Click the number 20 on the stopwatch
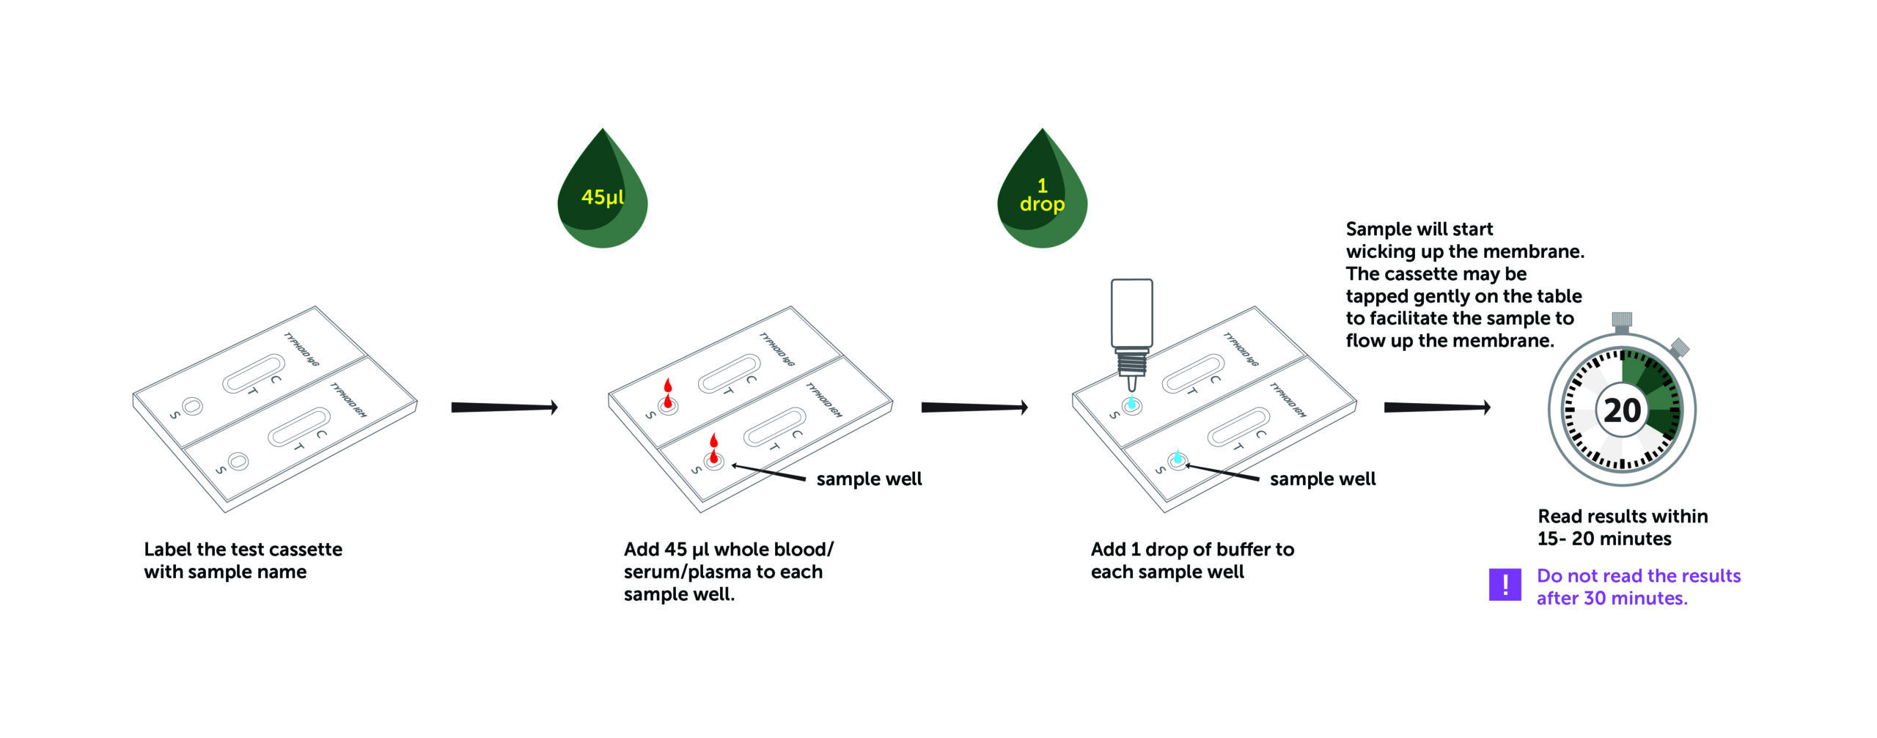[1622, 410]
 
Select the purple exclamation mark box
[1505, 584]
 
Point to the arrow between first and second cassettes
[504, 407]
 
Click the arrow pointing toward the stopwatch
[1436, 407]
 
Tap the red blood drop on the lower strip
[713, 449]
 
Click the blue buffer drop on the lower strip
[1178, 457]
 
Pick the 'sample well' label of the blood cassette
[869, 479]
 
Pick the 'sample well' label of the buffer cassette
[1322, 479]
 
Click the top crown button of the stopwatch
[1621, 320]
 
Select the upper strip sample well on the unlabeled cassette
[193, 405]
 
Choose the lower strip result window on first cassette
[298, 427]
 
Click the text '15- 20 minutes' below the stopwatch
[1604, 539]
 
